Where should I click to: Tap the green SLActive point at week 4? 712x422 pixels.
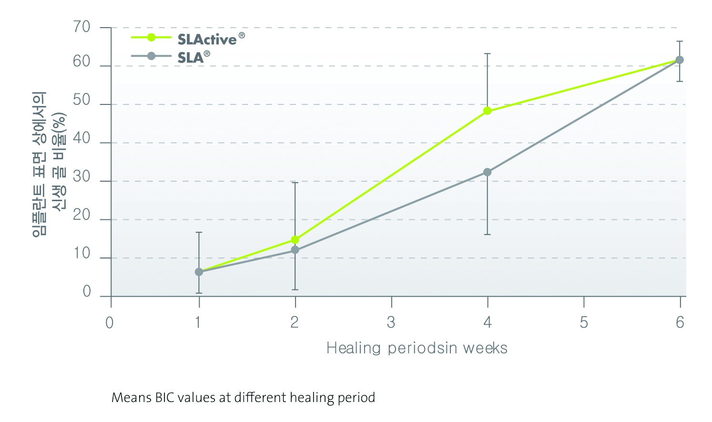click(x=487, y=111)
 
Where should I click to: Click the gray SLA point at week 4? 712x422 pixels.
click(x=487, y=172)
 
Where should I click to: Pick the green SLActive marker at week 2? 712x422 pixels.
click(x=295, y=240)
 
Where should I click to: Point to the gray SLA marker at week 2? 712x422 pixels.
click(x=295, y=250)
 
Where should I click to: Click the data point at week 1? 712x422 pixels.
click(x=199, y=272)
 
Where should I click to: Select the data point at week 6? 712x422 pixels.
click(x=680, y=60)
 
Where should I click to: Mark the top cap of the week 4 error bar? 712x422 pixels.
click(x=487, y=54)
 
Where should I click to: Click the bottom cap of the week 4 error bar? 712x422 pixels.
click(x=487, y=234)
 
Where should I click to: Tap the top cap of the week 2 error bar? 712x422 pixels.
click(x=295, y=183)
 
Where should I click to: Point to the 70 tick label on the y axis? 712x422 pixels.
click(x=81, y=27)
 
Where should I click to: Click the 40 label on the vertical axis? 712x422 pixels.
click(x=81, y=138)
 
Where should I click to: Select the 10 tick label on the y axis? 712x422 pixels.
click(x=81, y=254)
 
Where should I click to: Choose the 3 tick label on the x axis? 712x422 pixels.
click(x=391, y=323)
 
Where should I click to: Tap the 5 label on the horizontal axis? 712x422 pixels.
click(x=584, y=323)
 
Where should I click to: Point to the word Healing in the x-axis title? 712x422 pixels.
click(x=354, y=348)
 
